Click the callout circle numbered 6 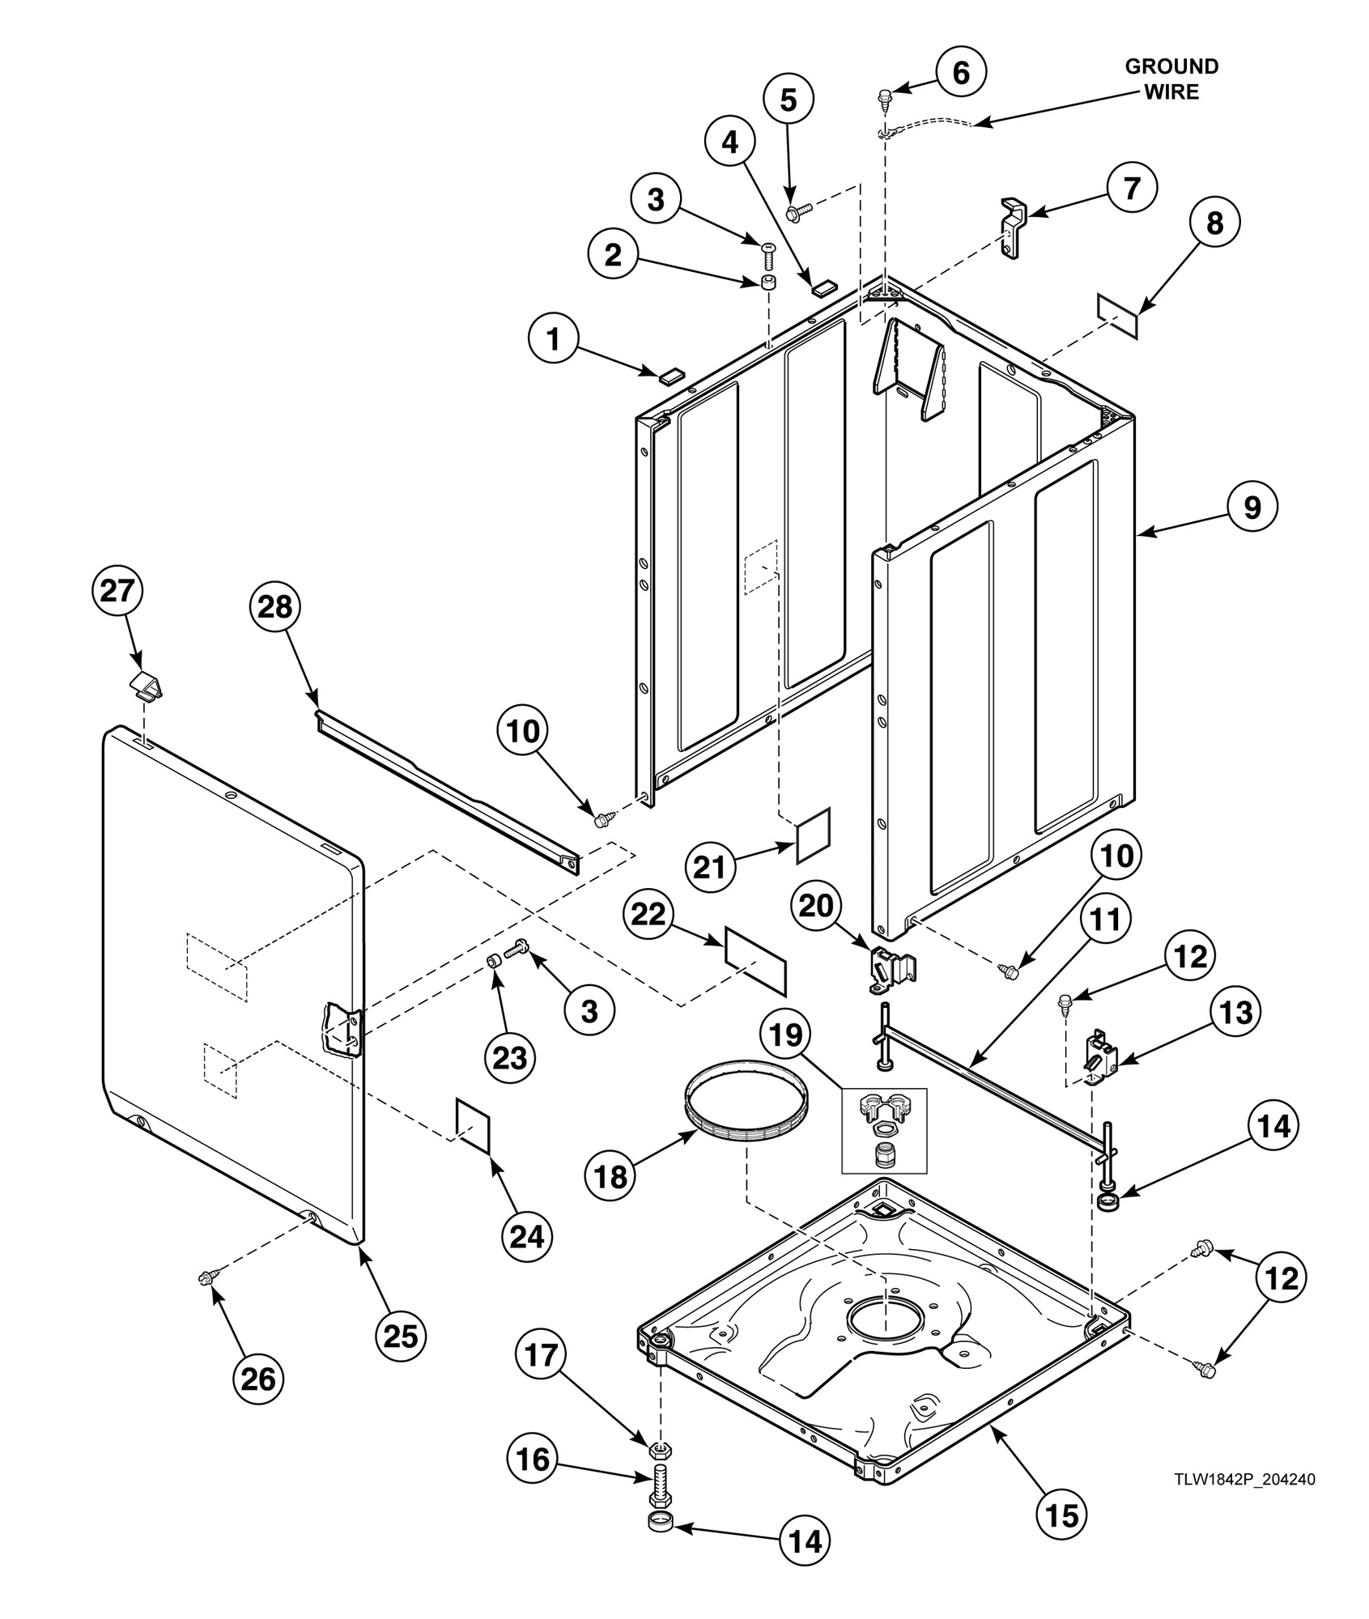tap(961, 73)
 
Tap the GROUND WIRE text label tap(1171, 79)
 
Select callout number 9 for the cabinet tap(1252, 507)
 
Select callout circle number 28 tap(274, 606)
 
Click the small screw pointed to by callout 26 tap(204, 1278)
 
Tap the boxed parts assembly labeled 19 tap(884, 1130)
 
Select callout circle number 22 tap(648, 914)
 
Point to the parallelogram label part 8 tap(1117, 317)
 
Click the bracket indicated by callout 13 tap(1099, 1056)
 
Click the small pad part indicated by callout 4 tap(823, 286)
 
